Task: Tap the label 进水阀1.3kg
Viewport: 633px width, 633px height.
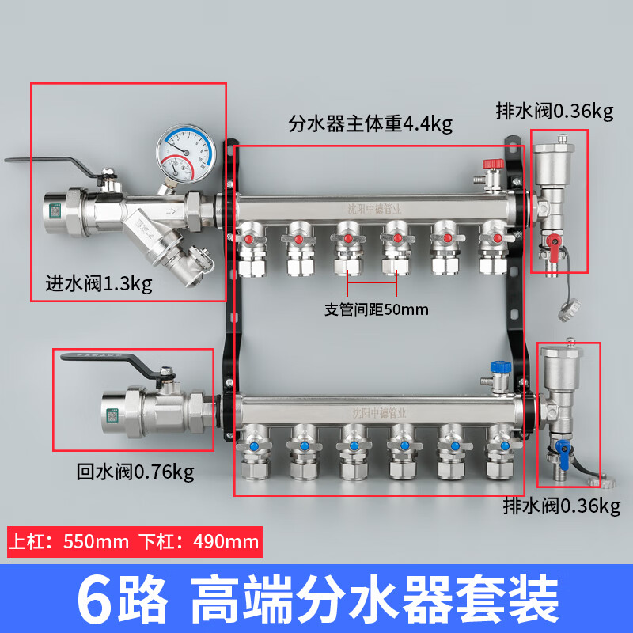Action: (98, 282)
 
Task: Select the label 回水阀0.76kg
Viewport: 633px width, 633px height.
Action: (135, 472)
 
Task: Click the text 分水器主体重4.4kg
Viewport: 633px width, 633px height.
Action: (370, 124)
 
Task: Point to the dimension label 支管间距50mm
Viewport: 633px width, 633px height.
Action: (377, 309)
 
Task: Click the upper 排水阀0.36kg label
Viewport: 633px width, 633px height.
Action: (554, 112)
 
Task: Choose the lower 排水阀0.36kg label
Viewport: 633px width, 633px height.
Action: (562, 506)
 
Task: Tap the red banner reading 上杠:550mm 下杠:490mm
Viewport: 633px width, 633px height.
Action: (134, 542)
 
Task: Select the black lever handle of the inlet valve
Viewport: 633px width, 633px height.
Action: (47, 162)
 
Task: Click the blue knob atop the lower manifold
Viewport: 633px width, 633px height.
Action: (498, 367)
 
